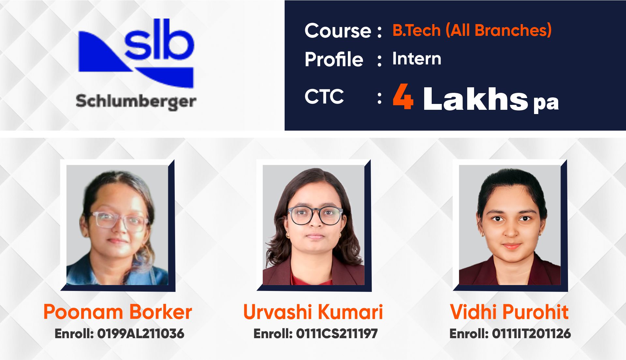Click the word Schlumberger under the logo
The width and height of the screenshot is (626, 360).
[136, 101]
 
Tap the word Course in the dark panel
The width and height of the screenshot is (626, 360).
[338, 31]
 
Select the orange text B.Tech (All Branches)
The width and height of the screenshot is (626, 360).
[472, 30]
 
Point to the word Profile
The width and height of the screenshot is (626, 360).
[334, 59]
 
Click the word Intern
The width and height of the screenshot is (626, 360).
[417, 59]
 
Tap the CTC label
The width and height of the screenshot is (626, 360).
[324, 96]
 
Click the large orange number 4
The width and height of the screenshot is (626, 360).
[403, 96]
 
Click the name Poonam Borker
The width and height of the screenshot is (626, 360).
[118, 312]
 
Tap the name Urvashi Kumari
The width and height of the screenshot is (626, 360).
[313, 312]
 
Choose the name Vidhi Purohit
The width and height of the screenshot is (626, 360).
[509, 312]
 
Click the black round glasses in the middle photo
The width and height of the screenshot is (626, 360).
[315, 215]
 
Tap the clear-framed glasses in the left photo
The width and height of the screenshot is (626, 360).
[118, 221]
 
